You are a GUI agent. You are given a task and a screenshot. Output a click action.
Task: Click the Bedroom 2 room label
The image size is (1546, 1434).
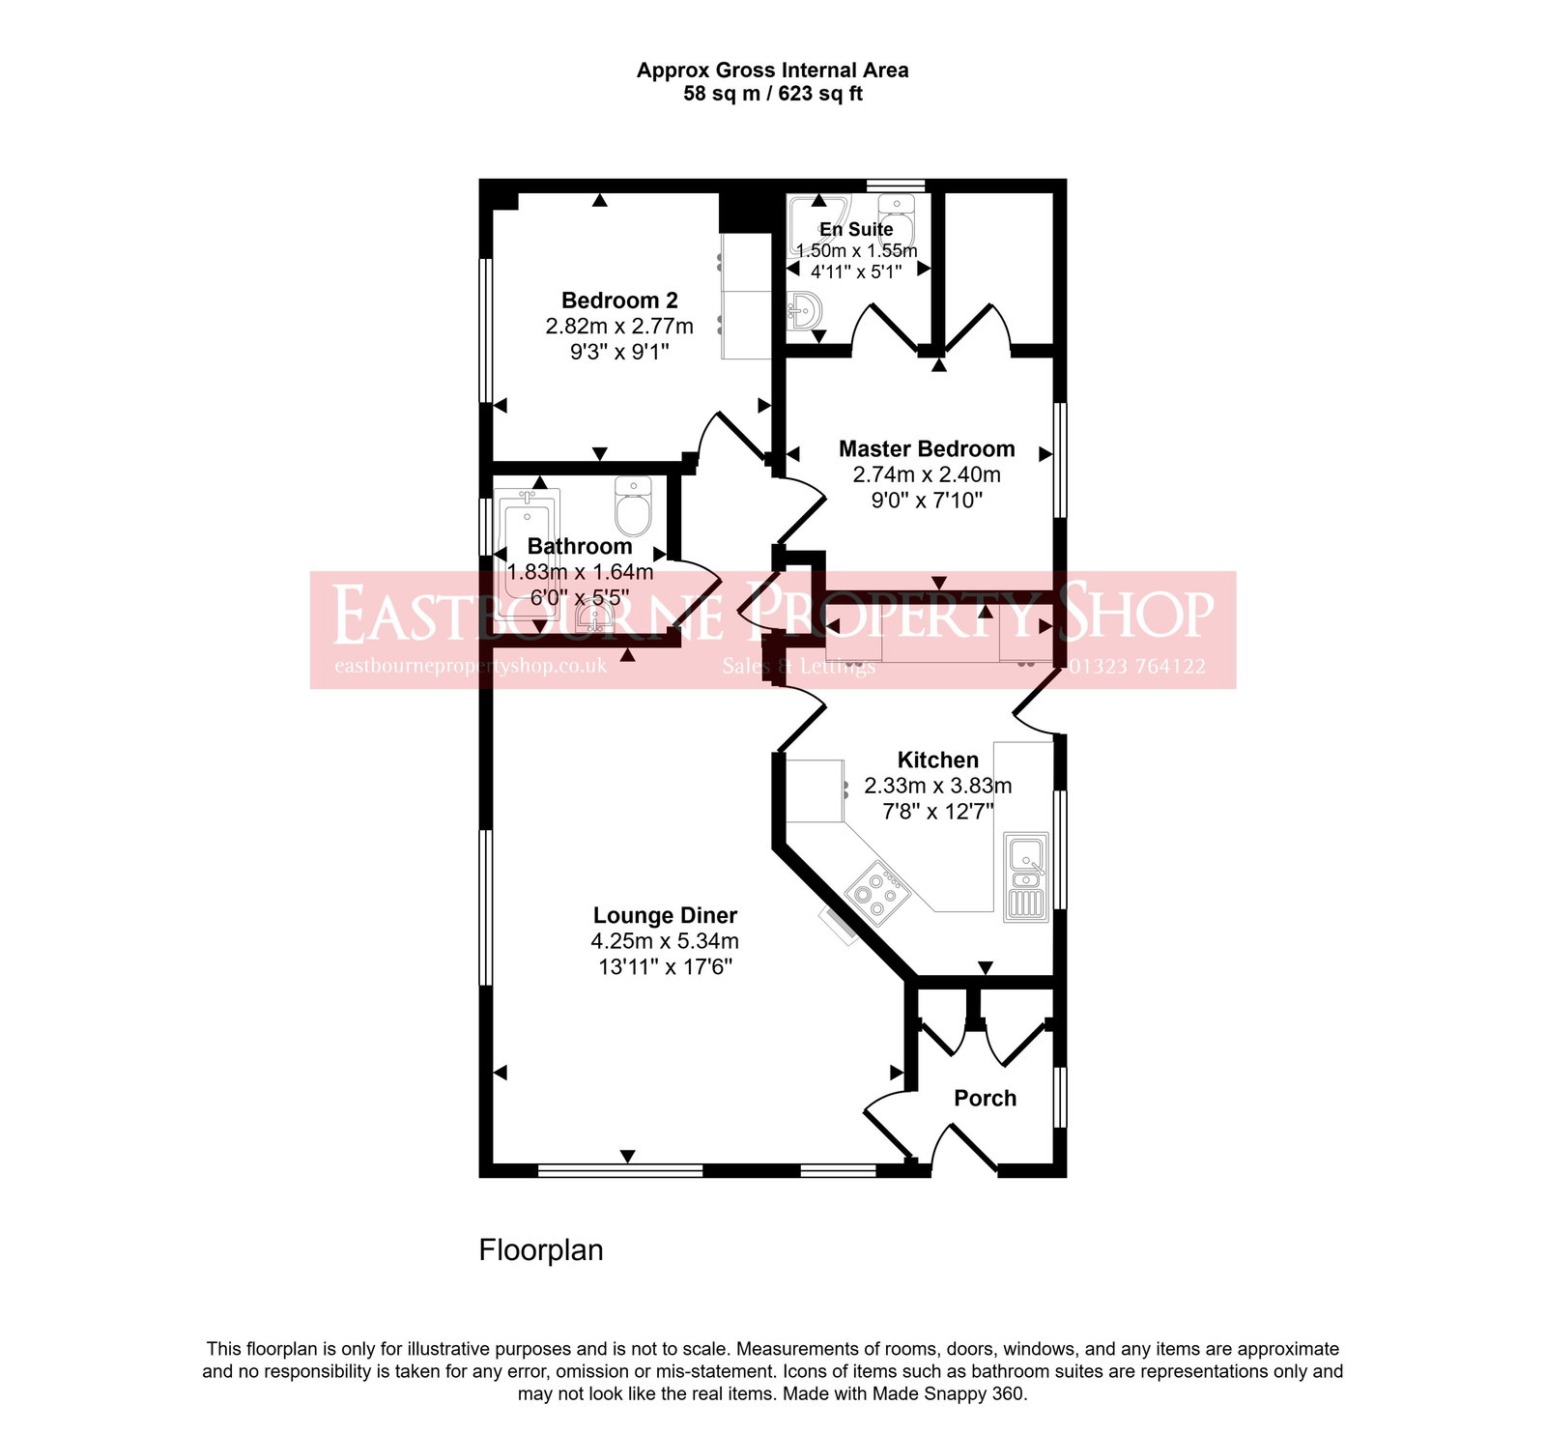point(619,301)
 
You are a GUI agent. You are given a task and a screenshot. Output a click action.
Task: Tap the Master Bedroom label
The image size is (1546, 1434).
point(927,448)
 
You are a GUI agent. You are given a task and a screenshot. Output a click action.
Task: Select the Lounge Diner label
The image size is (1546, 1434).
point(665,915)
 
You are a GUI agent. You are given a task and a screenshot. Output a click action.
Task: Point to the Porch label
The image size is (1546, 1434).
point(985,1098)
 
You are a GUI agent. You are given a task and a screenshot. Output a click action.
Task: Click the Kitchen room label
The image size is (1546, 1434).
point(937,760)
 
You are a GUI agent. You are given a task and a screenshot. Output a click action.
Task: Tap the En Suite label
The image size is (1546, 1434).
point(856,229)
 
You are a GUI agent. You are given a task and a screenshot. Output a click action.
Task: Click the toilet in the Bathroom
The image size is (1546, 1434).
point(634,508)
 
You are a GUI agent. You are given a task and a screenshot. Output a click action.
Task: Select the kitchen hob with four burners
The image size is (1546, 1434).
point(877,894)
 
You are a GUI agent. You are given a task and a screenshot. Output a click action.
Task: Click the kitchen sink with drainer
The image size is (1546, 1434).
point(1026,876)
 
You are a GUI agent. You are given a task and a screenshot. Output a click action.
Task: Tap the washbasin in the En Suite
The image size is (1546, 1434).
point(804,311)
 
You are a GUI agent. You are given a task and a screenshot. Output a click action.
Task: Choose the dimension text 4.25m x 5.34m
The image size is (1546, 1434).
point(665,941)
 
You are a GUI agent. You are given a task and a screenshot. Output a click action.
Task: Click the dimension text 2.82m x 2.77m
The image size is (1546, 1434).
point(619,327)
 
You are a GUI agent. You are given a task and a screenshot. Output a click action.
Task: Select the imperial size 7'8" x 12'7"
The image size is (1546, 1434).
point(937,812)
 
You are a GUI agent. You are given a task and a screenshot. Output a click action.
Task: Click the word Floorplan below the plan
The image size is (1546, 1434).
point(541,1250)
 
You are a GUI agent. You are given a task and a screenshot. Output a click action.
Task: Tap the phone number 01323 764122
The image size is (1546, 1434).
point(1136,666)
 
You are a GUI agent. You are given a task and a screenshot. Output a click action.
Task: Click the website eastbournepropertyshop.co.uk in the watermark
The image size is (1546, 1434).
point(471,666)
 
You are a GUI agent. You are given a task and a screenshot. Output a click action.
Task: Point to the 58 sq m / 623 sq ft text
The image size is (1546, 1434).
point(772,94)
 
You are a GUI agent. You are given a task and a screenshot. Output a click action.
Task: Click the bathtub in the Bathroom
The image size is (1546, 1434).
point(527,556)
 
